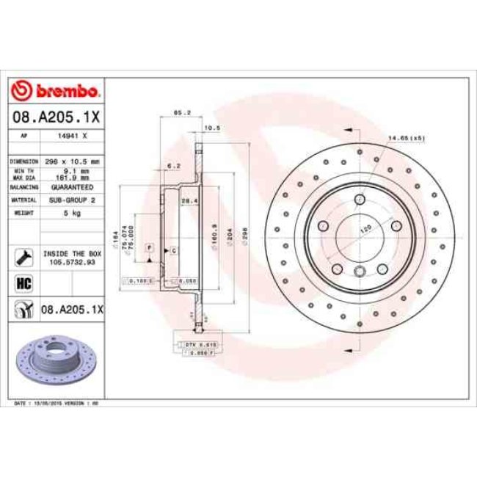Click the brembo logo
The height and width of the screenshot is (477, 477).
56,92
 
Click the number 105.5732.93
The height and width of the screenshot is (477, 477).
73,260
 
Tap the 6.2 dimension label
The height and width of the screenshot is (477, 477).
173,166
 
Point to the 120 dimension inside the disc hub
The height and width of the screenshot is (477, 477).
362,229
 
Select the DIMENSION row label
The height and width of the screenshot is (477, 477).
23,161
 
